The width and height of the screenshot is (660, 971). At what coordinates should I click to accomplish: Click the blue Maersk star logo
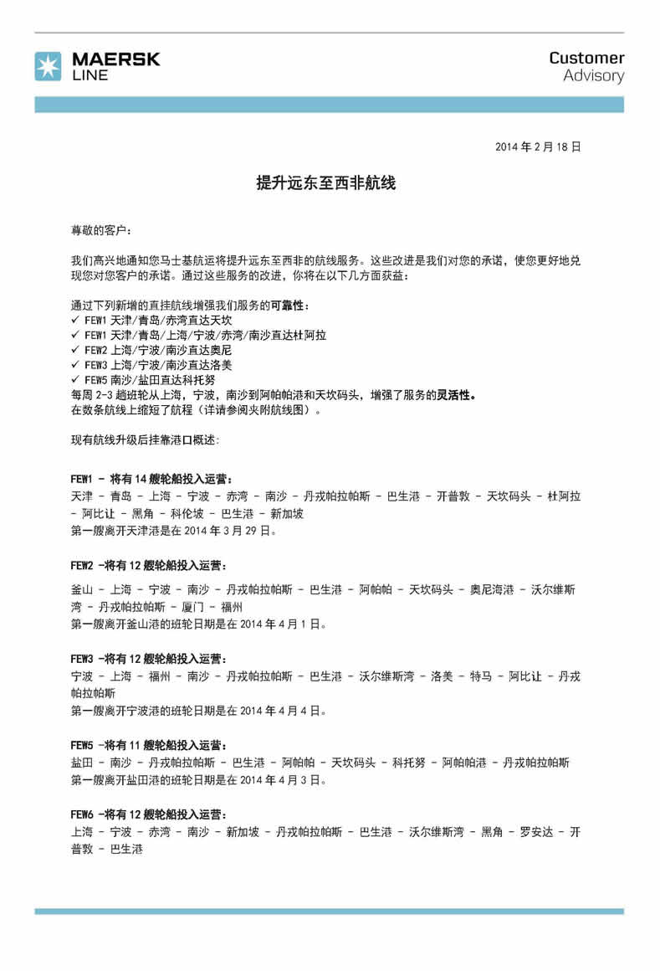[48, 66]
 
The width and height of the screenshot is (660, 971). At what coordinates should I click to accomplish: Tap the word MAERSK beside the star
[115, 59]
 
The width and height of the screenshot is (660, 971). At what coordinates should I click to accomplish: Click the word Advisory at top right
[593, 76]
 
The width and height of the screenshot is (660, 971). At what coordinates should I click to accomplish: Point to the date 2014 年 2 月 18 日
[537, 146]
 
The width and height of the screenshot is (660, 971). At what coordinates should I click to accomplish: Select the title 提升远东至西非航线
[325, 183]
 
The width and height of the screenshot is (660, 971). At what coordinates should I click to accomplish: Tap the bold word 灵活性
[456, 396]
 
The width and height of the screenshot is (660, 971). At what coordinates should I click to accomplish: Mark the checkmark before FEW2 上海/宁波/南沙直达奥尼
[75, 351]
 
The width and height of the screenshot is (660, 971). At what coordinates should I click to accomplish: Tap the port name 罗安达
[535, 832]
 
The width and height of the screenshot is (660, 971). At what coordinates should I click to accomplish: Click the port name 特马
[481, 676]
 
